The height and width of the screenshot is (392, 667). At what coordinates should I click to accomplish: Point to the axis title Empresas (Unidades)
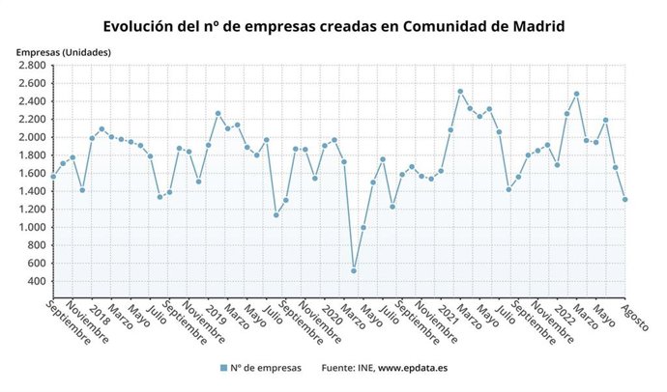coord(63,51)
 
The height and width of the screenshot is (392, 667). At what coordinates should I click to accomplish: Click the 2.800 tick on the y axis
coord(32,66)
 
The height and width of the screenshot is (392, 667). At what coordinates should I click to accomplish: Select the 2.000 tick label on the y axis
coord(32,137)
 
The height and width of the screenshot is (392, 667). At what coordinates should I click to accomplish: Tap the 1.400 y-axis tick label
coord(32,191)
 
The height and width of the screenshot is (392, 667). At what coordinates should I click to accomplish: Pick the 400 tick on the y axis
coord(38,281)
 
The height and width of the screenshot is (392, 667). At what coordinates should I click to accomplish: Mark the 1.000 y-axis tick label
coord(32,227)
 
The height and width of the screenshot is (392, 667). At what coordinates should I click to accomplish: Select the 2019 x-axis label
coord(216,315)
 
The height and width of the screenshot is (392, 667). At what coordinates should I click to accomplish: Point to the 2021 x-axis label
coord(449,315)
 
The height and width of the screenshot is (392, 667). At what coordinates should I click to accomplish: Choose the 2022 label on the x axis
coord(565,315)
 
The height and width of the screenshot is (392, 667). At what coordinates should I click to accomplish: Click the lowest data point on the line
coord(354,270)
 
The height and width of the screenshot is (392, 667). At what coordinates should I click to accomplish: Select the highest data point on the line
coord(460,92)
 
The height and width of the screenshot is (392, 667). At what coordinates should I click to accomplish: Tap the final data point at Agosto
coord(624,200)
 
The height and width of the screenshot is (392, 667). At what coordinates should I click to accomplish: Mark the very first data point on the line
coord(53,176)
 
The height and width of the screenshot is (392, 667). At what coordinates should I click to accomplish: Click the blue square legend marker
coord(223,368)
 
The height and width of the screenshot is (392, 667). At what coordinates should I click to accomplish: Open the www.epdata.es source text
coord(412,368)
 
